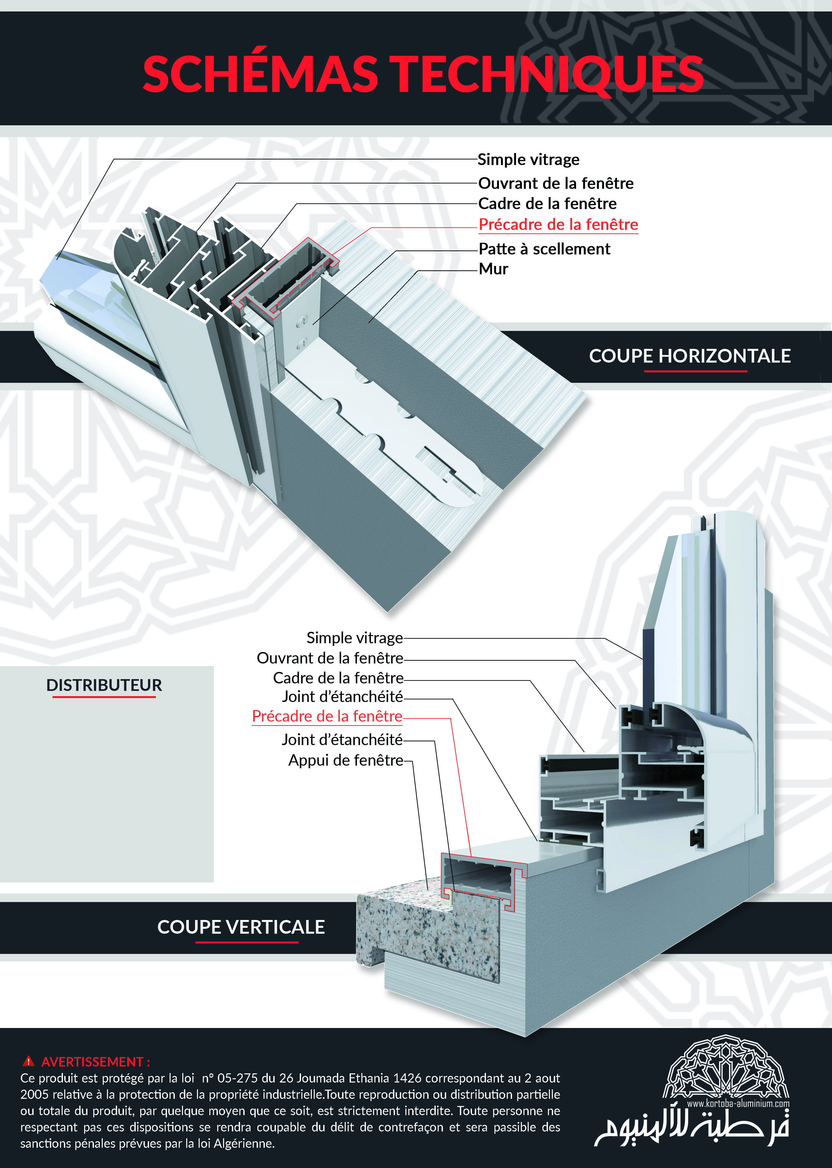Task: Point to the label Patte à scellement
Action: pyautogui.click(x=544, y=249)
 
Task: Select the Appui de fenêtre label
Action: pyautogui.click(x=346, y=760)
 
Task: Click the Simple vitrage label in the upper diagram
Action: pyautogui.click(x=528, y=159)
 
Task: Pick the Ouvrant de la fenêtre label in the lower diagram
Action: pyautogui.click(x=330, y=658)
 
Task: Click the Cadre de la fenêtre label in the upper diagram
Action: pyautogui.click(x=547, y=203)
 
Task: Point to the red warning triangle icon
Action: pyautogui.click(x=29, y=1061)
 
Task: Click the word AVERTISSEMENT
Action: pyautogui.click(x=92, y=1061)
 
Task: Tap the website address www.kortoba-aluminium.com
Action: pyautogui.click(x=738, y=1103)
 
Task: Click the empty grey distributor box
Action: pyautogui.click(x=107, y=774)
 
